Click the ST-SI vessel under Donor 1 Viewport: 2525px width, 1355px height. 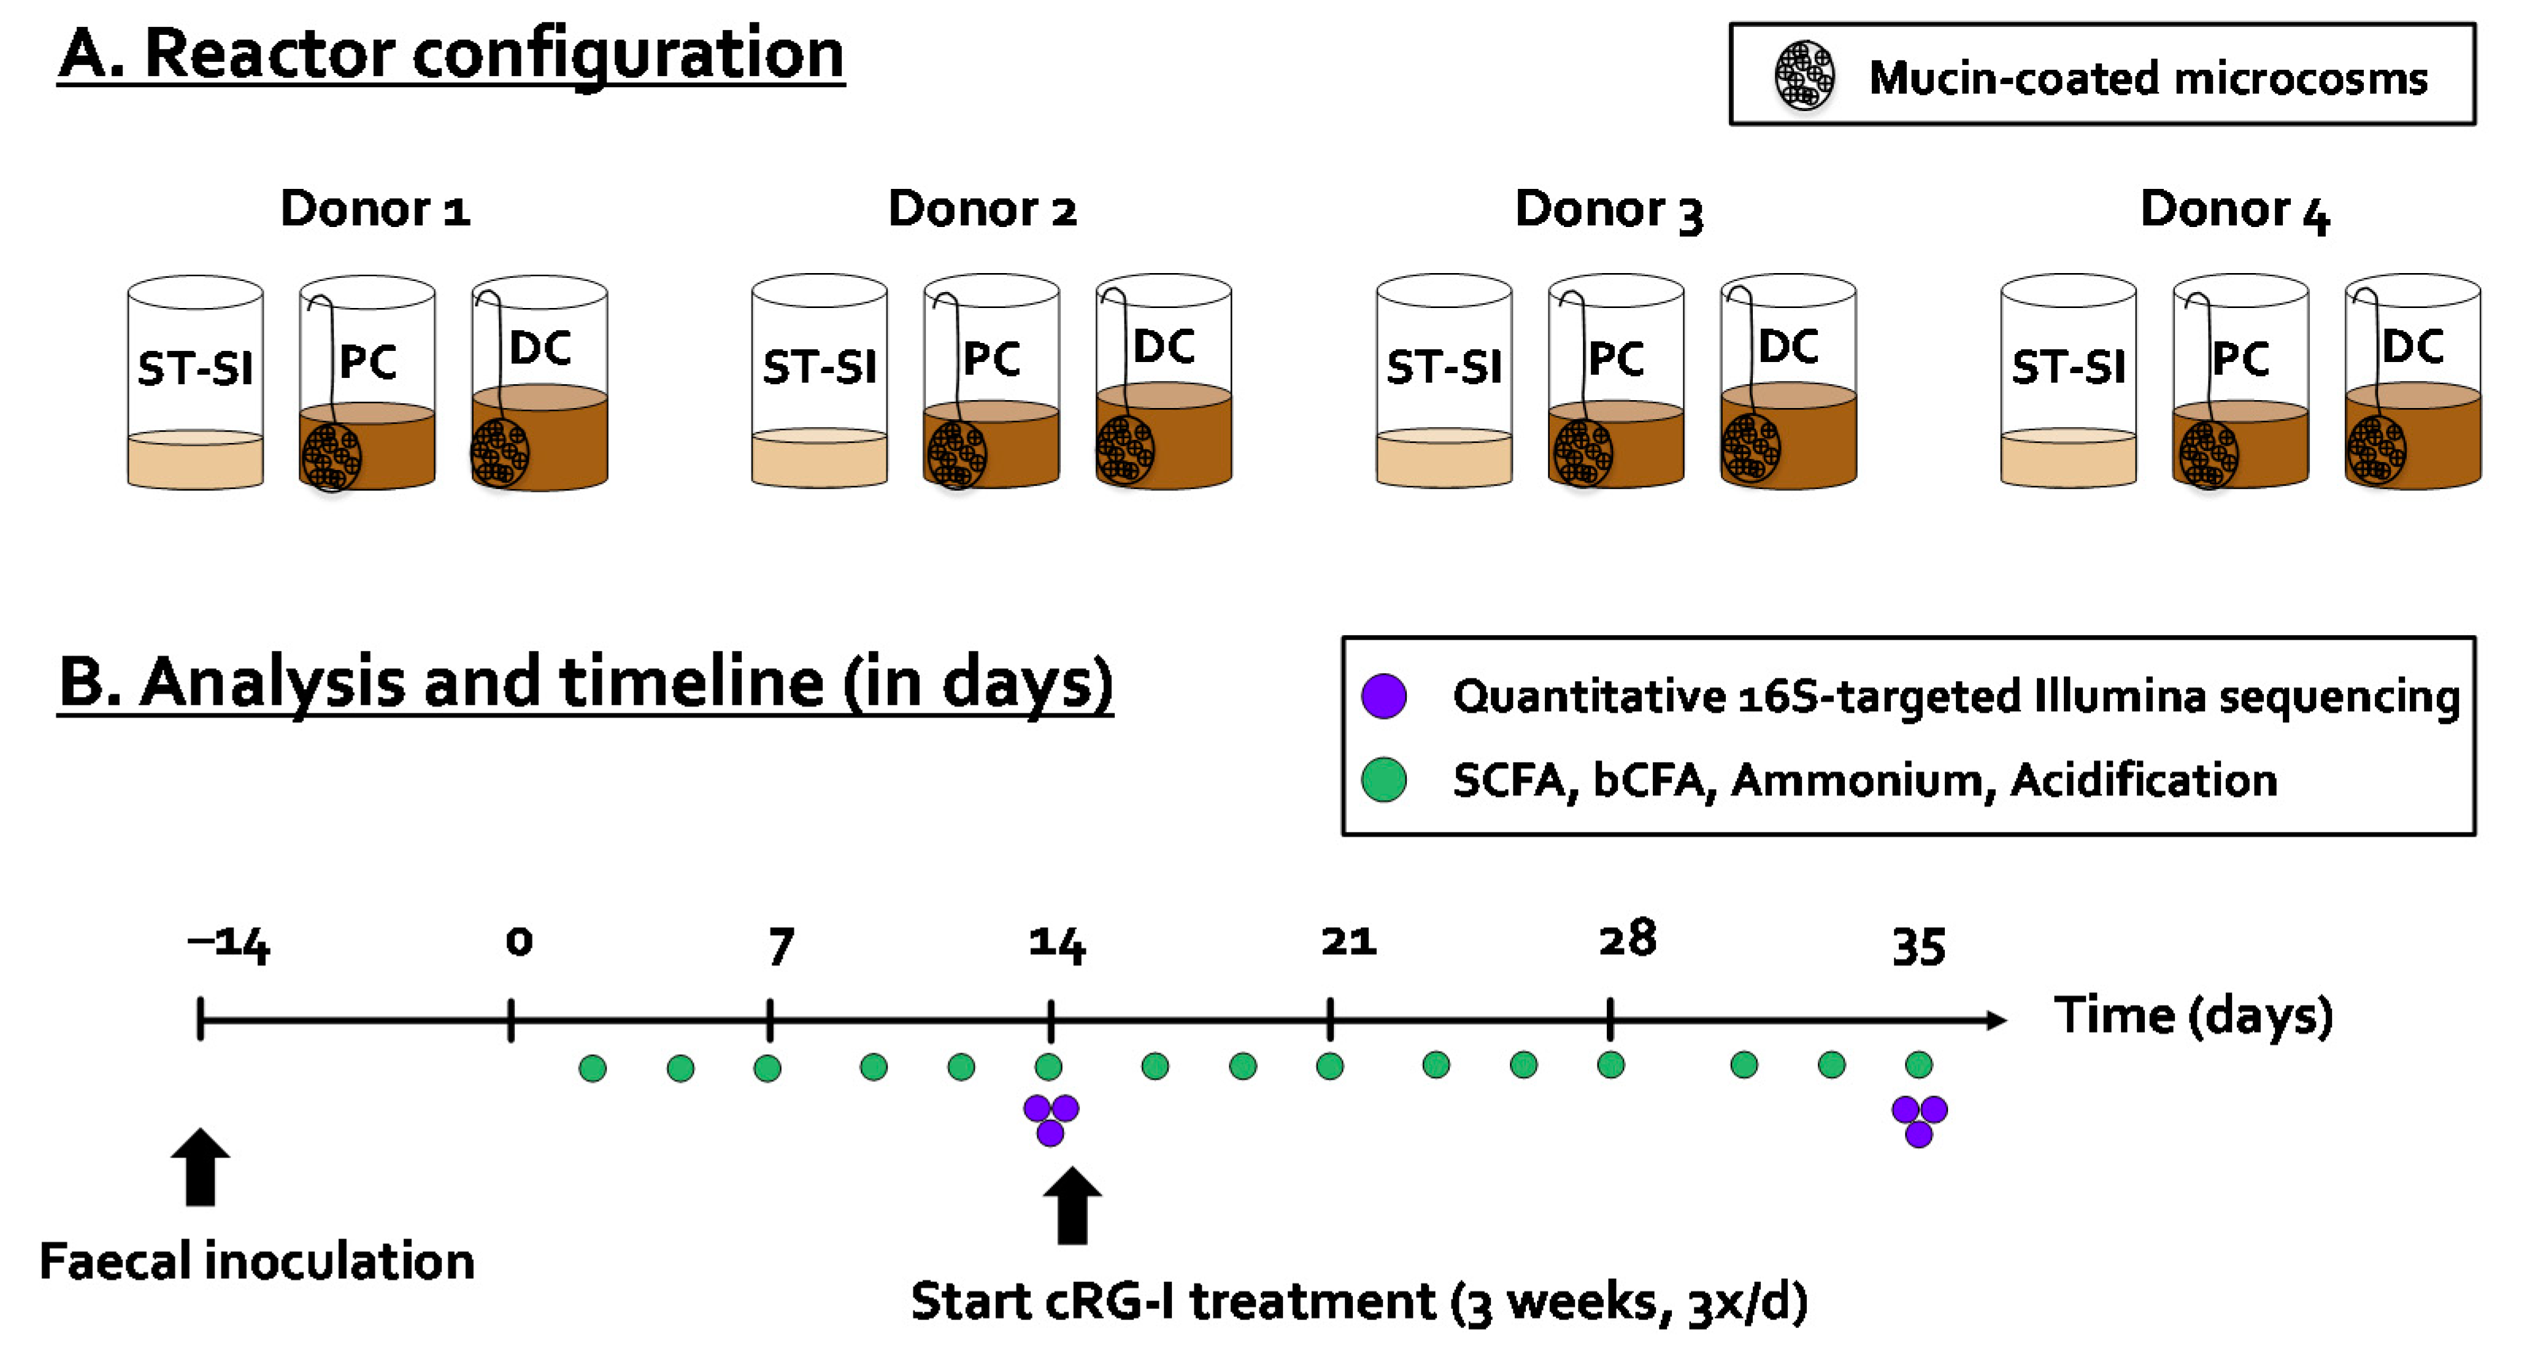coord(195,383)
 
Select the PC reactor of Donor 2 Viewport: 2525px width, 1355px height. coord(991,383)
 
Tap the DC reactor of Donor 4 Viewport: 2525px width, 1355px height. coord(2412,383)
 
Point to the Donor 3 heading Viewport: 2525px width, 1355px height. coord(1608,210)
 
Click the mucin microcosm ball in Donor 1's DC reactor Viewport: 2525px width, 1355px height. coord(500,452)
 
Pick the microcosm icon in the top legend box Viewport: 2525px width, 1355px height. coord(1804,75)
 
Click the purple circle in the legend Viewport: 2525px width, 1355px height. coord(1384,696)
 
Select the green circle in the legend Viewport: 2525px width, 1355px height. coord(1384,780)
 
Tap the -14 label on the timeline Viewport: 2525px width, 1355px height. coord(229,943)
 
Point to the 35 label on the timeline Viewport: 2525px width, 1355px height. coord(1918,946)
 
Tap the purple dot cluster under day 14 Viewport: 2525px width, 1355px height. coord(1051,1118)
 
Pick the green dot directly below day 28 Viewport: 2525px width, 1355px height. coord(1611,1064)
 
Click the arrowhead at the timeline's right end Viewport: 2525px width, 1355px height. coord(1996,1021)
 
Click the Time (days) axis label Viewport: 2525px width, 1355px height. coord(2193,1016)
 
